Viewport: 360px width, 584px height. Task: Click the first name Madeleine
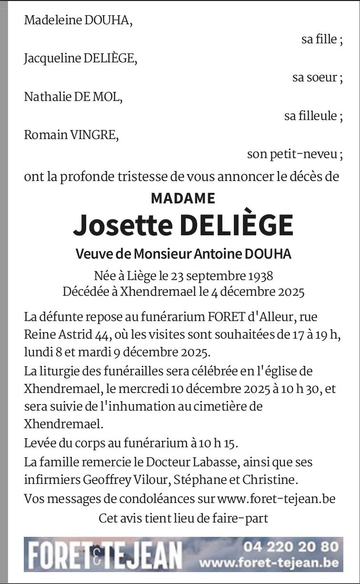tap(47, 20)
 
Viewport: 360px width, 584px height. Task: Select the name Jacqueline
tap(52, 59)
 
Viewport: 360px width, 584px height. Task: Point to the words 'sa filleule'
tap(311, 116)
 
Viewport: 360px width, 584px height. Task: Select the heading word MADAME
tap(183, 198)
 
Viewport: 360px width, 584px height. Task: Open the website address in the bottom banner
tap(269, 563)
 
